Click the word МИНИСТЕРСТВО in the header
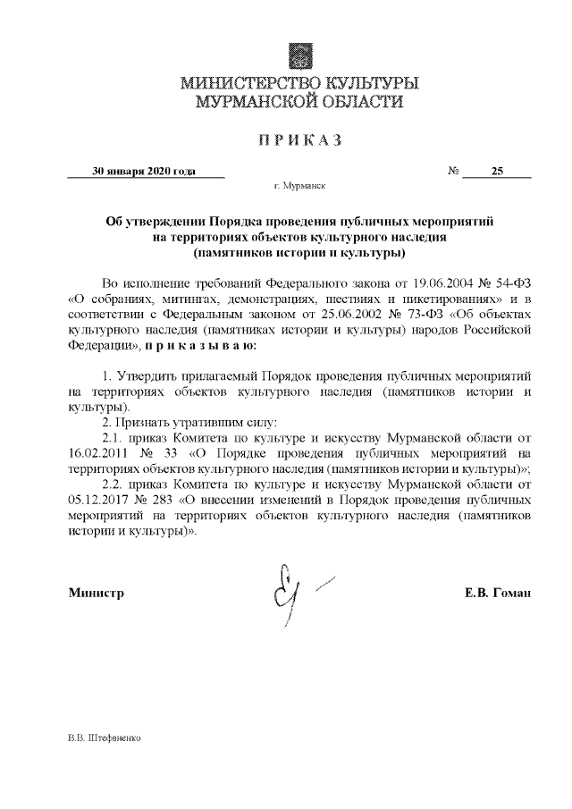[x=239, y=85]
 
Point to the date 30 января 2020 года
[x=145, y=172]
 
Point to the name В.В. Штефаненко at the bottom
[x=105, y=740]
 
